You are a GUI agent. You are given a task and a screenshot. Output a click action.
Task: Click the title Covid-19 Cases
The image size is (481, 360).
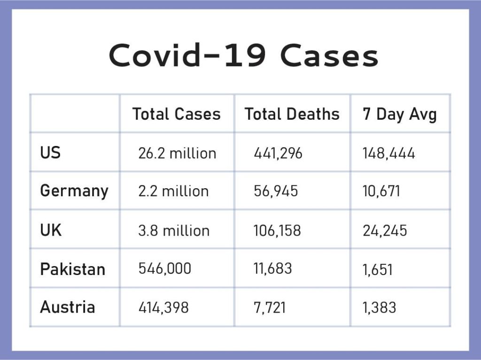pos(244,55)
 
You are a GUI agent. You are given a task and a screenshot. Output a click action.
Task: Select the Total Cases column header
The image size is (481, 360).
pos(177,114)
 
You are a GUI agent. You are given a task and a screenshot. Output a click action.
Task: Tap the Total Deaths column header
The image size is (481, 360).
pos(292,114)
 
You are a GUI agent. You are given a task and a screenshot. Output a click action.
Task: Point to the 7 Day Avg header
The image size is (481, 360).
pos(399,115)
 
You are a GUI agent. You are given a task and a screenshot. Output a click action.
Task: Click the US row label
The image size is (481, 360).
pos(50,153)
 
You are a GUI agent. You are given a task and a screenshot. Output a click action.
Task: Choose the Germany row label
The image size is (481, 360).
pos(74,191)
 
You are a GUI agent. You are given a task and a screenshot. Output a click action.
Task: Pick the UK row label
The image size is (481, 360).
pos(51,230)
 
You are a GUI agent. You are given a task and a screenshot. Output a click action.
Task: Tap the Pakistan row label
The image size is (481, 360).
pos(73,269)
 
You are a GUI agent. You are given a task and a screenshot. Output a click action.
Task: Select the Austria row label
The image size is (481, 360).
pos(68,307)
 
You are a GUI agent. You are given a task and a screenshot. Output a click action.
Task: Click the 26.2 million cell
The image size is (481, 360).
pos(177,153)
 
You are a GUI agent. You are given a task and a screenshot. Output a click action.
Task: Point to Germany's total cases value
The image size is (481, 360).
pos(174,191)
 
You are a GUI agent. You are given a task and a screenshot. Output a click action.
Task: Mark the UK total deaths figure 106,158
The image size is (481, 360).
pos(277,230)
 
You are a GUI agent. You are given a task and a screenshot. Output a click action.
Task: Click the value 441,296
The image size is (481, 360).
pos(278,153)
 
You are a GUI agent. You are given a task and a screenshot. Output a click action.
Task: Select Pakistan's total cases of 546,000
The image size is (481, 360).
pos(165,268)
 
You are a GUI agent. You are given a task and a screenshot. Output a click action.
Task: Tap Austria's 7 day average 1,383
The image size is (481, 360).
pos(379,307)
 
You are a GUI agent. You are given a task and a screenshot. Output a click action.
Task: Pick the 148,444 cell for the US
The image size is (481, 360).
pos(388,153)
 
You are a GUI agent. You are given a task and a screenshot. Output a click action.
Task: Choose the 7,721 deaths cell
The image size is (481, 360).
pos(270,307)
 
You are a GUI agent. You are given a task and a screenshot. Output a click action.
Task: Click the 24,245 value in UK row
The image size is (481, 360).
pos(385,230)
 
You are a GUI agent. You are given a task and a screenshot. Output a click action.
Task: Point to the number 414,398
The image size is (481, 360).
pos(163,307)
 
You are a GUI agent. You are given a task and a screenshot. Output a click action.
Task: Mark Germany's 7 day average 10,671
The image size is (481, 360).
pos(381,191)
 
